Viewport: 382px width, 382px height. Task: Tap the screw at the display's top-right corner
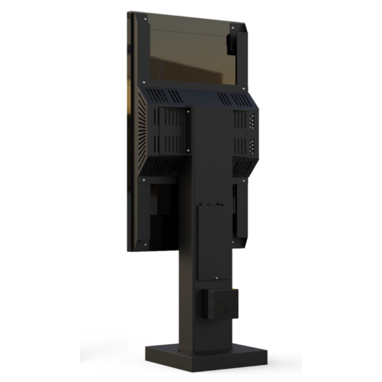coord(232,27)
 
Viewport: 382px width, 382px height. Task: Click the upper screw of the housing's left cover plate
coord(188,111)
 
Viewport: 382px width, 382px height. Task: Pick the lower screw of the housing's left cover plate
coord(188,150)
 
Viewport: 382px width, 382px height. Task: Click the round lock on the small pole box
coord(227,310)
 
